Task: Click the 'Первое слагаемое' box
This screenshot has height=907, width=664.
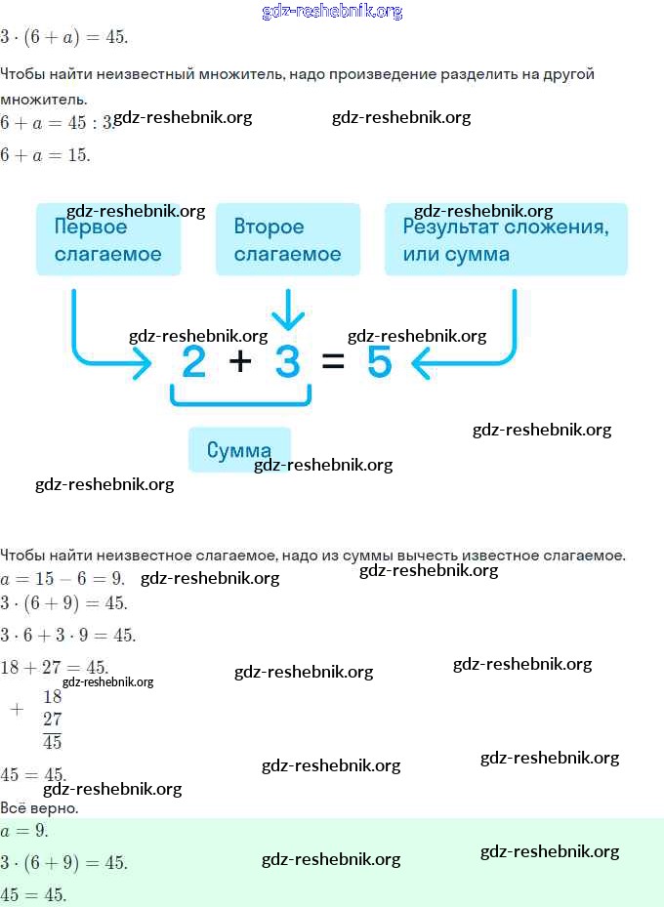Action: click(107, 239)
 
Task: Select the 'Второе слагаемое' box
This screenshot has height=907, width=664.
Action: click(287, 239)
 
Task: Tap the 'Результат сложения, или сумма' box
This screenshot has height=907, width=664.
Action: click(505, 239)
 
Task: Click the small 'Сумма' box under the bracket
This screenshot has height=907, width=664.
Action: click(239, 450)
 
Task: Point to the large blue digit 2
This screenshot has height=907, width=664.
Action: click(194, 363)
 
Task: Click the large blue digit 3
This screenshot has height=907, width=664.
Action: click(287, 363)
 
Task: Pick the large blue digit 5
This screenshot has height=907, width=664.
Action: click(379, 363)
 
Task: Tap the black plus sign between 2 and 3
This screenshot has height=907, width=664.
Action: click(240, 362)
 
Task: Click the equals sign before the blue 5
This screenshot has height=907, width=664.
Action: click(333, 363)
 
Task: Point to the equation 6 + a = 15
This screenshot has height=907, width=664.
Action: click(45, 154)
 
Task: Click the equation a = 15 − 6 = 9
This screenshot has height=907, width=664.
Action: click(62, 577)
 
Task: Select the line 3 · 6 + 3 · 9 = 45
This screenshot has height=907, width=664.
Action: click(68, 636)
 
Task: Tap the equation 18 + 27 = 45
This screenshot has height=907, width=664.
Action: click(54, 667)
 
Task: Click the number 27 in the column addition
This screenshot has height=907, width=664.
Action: click(53, 720)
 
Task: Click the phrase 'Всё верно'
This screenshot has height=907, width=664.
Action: click(39, 808)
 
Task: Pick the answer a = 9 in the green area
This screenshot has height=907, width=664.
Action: click(23, 831)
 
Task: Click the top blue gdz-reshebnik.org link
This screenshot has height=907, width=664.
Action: click(332, 12)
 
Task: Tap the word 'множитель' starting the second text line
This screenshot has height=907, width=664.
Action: click(43, 99)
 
